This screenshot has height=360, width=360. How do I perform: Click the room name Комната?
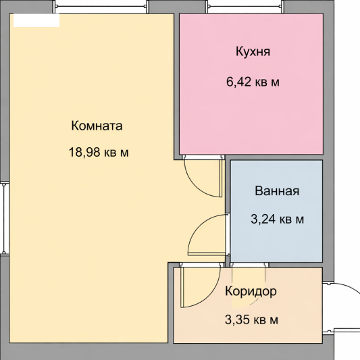click(97, 126)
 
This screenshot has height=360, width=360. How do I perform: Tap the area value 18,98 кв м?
click(99, 152)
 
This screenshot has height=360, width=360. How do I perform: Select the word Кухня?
click(253, 51)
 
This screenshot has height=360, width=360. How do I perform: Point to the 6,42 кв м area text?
click(253, 82)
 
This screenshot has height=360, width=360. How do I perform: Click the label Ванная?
click(277, 190)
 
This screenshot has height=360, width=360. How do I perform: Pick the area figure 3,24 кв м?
click(277, 219)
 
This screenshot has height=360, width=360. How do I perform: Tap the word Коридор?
click(251, 292)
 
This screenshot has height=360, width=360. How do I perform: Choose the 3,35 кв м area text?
click(251, 319)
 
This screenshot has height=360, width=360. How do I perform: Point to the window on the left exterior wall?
click(5, 219)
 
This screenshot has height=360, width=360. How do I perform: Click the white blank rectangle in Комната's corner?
click(36, 20)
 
